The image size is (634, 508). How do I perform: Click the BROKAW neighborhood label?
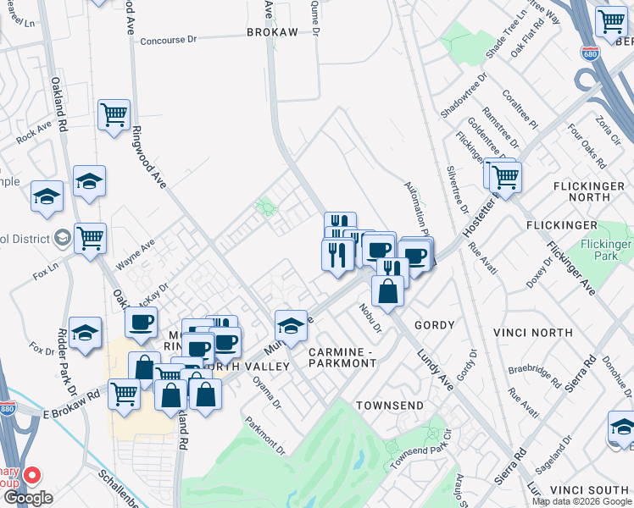pyautogui.click(x=272, y=31)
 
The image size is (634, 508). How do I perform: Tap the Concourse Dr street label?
pyautogui.click(x=168, y=40)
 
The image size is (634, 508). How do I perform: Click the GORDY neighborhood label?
pyautogui.click(x=434, y=325)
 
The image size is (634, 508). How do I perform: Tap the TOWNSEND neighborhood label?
pyautogui.click(x=389, y=406)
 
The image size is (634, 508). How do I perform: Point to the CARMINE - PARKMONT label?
pyautogui.click(x=342, y=357)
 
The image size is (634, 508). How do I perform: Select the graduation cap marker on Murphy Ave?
pyautogui.click(x=290, y=325)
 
